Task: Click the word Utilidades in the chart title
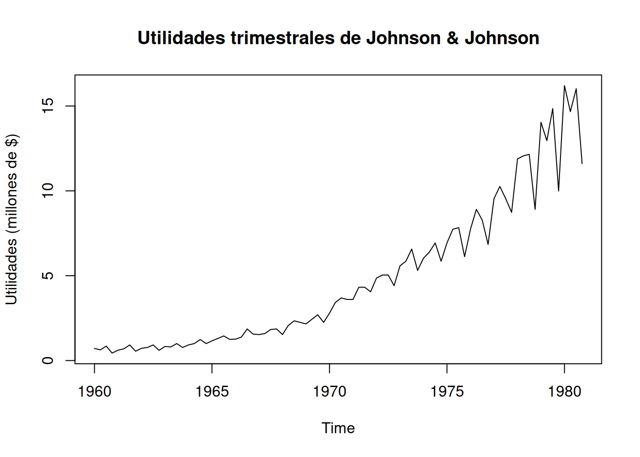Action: (181, 38)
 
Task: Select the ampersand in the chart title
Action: (452, 38)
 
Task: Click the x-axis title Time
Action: (338, 428)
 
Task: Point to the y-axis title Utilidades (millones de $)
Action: (11, 219)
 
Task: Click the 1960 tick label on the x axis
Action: (94, 392)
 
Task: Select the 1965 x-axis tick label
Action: (212, 392)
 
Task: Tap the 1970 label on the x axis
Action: (330, 392)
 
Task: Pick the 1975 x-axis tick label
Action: (447, 392)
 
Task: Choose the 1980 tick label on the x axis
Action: (564, 392)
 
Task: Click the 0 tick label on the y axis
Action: (48, 360)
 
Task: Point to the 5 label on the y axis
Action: (48, 276)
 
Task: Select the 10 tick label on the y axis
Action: (48, 191)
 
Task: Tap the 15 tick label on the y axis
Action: (48, 106)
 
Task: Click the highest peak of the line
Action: (564, 86)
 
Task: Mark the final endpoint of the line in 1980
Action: (582, 163)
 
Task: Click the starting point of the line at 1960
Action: (94, 348)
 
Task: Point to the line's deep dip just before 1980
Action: (559, 191)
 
